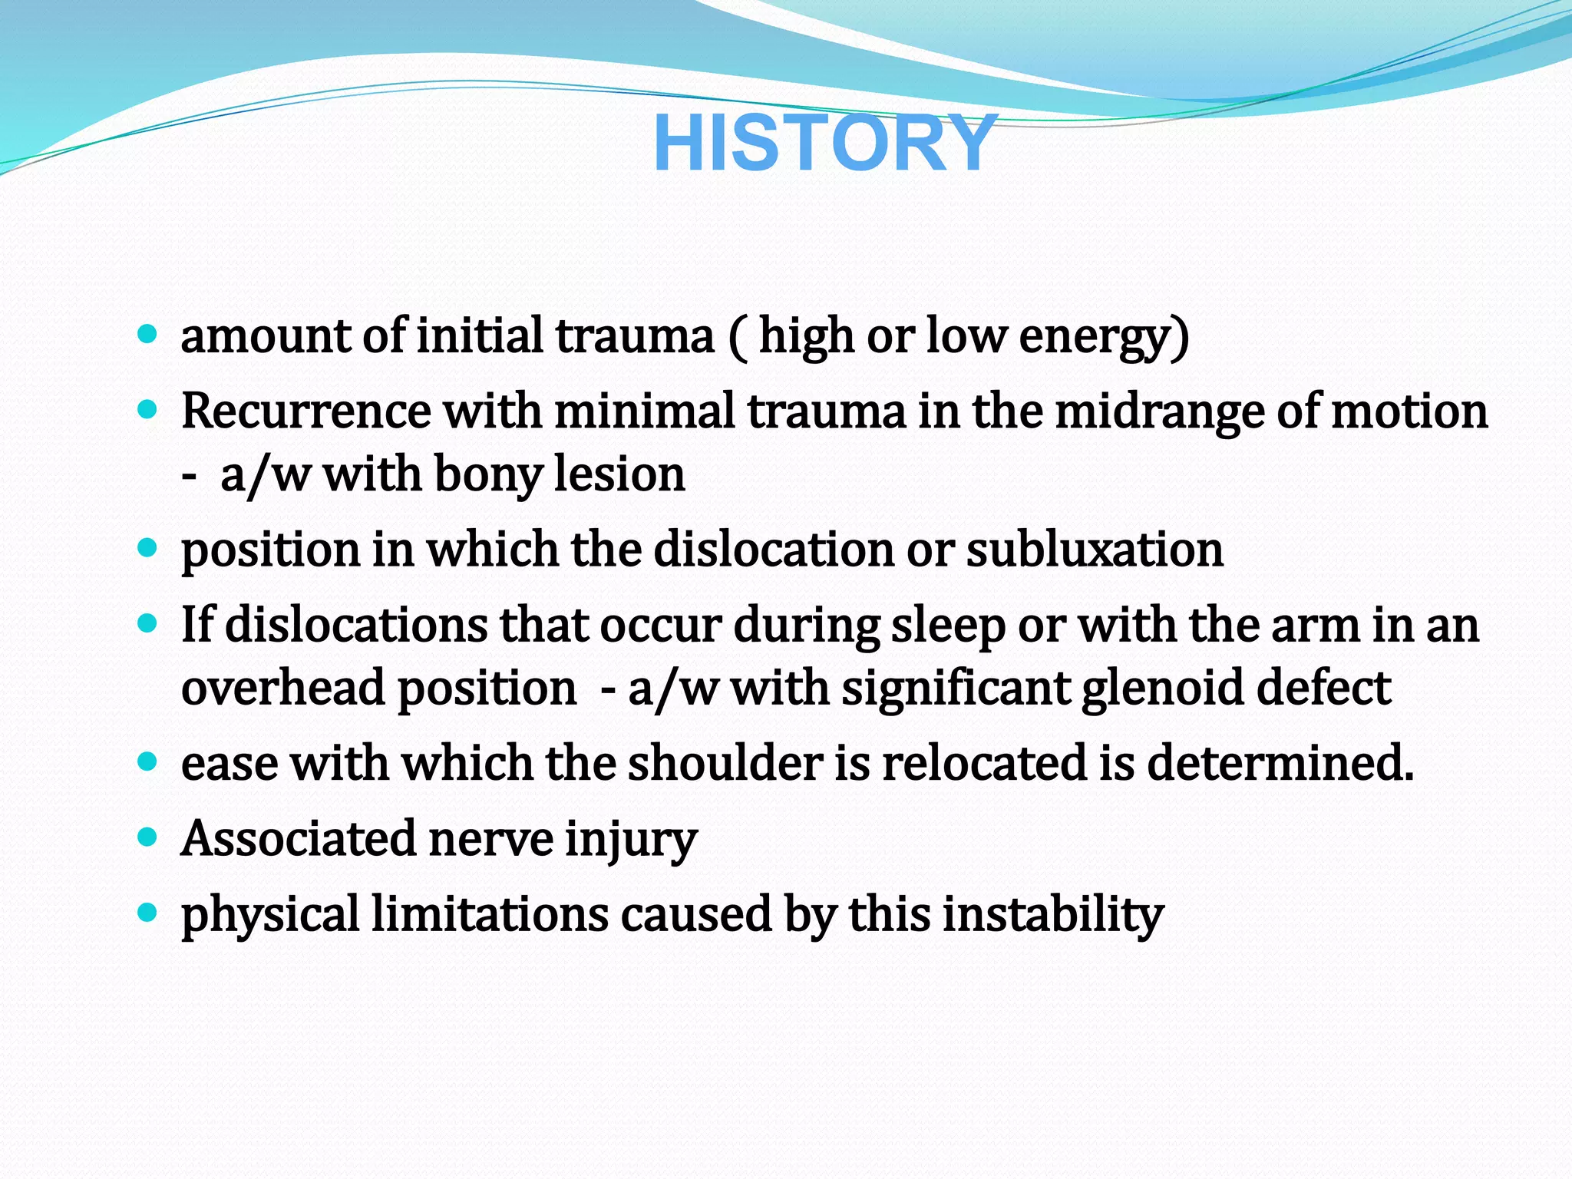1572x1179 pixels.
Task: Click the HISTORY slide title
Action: click(825, 144)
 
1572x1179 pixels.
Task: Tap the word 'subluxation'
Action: click(1095, 550)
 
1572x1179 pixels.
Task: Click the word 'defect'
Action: click(1323, 687)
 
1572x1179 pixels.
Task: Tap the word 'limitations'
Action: click(490, 914)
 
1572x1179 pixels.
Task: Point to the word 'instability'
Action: click(1053, 915)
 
